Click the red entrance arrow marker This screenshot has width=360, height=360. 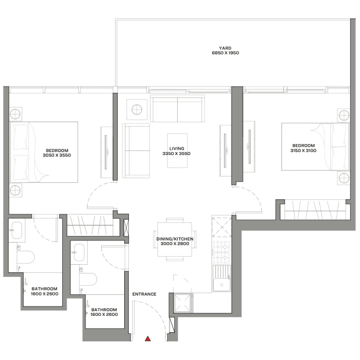tap(148, 339)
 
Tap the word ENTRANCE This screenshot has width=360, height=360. tap(144, 294)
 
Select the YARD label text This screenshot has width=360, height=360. tap(225, 48)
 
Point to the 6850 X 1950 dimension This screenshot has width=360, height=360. tap(225, 53)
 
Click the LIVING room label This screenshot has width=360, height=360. tap(177, 149)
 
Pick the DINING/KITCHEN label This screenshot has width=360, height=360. tap(175, 239)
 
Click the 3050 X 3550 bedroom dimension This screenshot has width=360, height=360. tap(57, 156)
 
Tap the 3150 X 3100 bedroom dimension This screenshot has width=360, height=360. tap(303, 150)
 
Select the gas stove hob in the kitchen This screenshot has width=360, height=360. tap(221, 252)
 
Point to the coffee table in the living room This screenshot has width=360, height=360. tap(177, 150)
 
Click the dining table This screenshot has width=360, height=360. tap(175, 239)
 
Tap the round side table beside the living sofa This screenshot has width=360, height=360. tap(137, 110)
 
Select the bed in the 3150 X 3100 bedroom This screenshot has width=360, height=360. tap(315, 147)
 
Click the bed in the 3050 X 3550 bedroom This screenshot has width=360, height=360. tap(44, 152)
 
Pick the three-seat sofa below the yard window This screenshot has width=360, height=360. tap(177, 109)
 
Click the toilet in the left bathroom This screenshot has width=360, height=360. tap(26, 257)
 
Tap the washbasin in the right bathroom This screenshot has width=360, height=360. tap(79, 253)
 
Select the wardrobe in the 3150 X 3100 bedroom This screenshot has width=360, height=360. tap(315, 210)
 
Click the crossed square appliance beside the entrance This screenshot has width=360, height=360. tap(183, 303)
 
